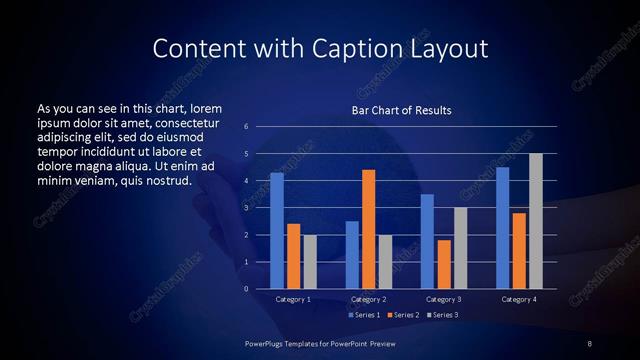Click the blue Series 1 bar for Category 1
(x=277, y=230)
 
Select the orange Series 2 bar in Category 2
(x=369, y=229)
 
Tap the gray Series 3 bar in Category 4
(x=536, y=221)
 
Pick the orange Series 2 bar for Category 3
(x=444, y=264)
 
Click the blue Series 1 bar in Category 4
(x=503, y=227)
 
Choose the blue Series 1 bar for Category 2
(x=352, y=255)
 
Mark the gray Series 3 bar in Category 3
(x=461, y=248)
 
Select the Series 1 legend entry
(x=364, y=315)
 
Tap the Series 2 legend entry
(x=402, y=315)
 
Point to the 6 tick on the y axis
(x=246, y=127)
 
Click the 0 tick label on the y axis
(x=246, y=289)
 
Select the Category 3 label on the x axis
(x=444, y=299)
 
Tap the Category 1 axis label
(x=293, y=299)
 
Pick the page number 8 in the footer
(x=589, y=344)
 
